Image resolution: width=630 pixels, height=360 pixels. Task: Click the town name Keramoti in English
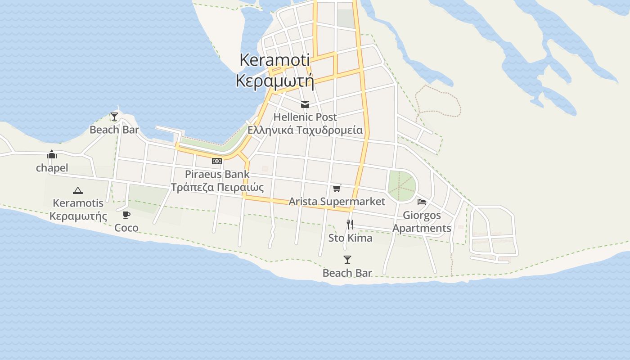(x=274, y=60)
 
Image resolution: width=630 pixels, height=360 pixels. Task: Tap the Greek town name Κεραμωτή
(x=274, y=81)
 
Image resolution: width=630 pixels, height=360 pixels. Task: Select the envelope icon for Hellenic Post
(x=305, y=104)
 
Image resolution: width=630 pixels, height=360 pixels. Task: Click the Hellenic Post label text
(x=305, y=117)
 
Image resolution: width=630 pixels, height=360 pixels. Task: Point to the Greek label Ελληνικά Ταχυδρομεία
(x=305, y=130)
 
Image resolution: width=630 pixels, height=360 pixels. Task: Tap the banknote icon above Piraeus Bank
(x=217, y=161)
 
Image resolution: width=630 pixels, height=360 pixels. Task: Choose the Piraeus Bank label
(x=217, y=174)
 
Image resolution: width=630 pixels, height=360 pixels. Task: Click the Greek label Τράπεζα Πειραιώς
(x=217, y=187)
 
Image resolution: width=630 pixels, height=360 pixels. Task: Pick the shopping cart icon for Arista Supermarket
(x=337, y=189)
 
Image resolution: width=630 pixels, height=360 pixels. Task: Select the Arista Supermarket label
(x=337, y=202)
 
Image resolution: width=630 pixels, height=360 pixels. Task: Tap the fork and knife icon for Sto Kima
(x=350, y=224)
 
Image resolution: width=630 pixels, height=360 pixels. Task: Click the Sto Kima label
(x=350, y=238)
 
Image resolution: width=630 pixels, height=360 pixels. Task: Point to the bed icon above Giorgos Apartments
(x=422, y=202)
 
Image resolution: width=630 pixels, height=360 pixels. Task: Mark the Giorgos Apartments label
(x=422, y=222)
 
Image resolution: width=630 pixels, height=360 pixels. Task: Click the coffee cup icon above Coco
(x=126, y=215)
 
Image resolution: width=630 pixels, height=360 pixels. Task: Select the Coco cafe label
(x=126, y=228)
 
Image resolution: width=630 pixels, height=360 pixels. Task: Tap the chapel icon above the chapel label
(x=52, y=155)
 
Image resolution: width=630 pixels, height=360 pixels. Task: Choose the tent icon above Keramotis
(x=78, y=190)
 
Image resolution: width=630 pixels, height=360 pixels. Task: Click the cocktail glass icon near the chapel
(x=114, y=117)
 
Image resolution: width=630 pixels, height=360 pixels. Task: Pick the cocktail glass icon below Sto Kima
(x=347, y=260)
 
